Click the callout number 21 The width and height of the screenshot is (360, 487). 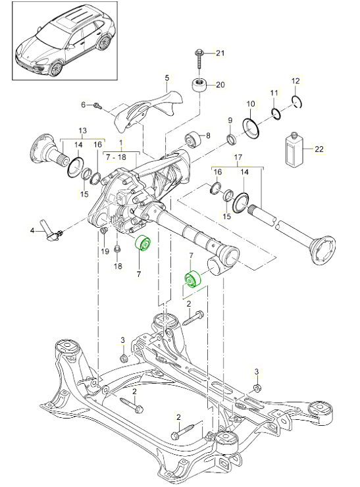pyautogui.click(x=220, y=53)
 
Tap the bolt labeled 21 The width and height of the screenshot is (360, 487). pyautogui.click(x=198, y=61)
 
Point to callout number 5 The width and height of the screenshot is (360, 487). pyautogui.click(x=167, y=78)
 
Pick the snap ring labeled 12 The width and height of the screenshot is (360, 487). pyautogui.click(x=297, y=101)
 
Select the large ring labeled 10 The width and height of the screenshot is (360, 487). pyautogui.click(x=251, y=127)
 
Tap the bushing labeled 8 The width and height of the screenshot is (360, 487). pyautogui.click(x=193, y=140)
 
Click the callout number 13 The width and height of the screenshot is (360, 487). pyautogui.click(x=83, y=130)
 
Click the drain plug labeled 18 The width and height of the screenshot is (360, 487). pyautogui.click(x=117, y=249)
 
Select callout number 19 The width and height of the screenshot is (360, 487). pyautogui.click(x=105, y=250)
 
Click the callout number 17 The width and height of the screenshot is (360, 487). pyautogui.click(x=238, y=157)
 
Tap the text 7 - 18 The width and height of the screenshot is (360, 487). pyautogui.click(x=116, y=157)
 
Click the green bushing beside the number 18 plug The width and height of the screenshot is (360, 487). pyautogui.click(x=142, y=244)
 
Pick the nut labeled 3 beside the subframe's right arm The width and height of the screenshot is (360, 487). pyautogui.click(x=257, y=387)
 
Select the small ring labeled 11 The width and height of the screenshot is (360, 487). pyautogui.click(x=276, y=113)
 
